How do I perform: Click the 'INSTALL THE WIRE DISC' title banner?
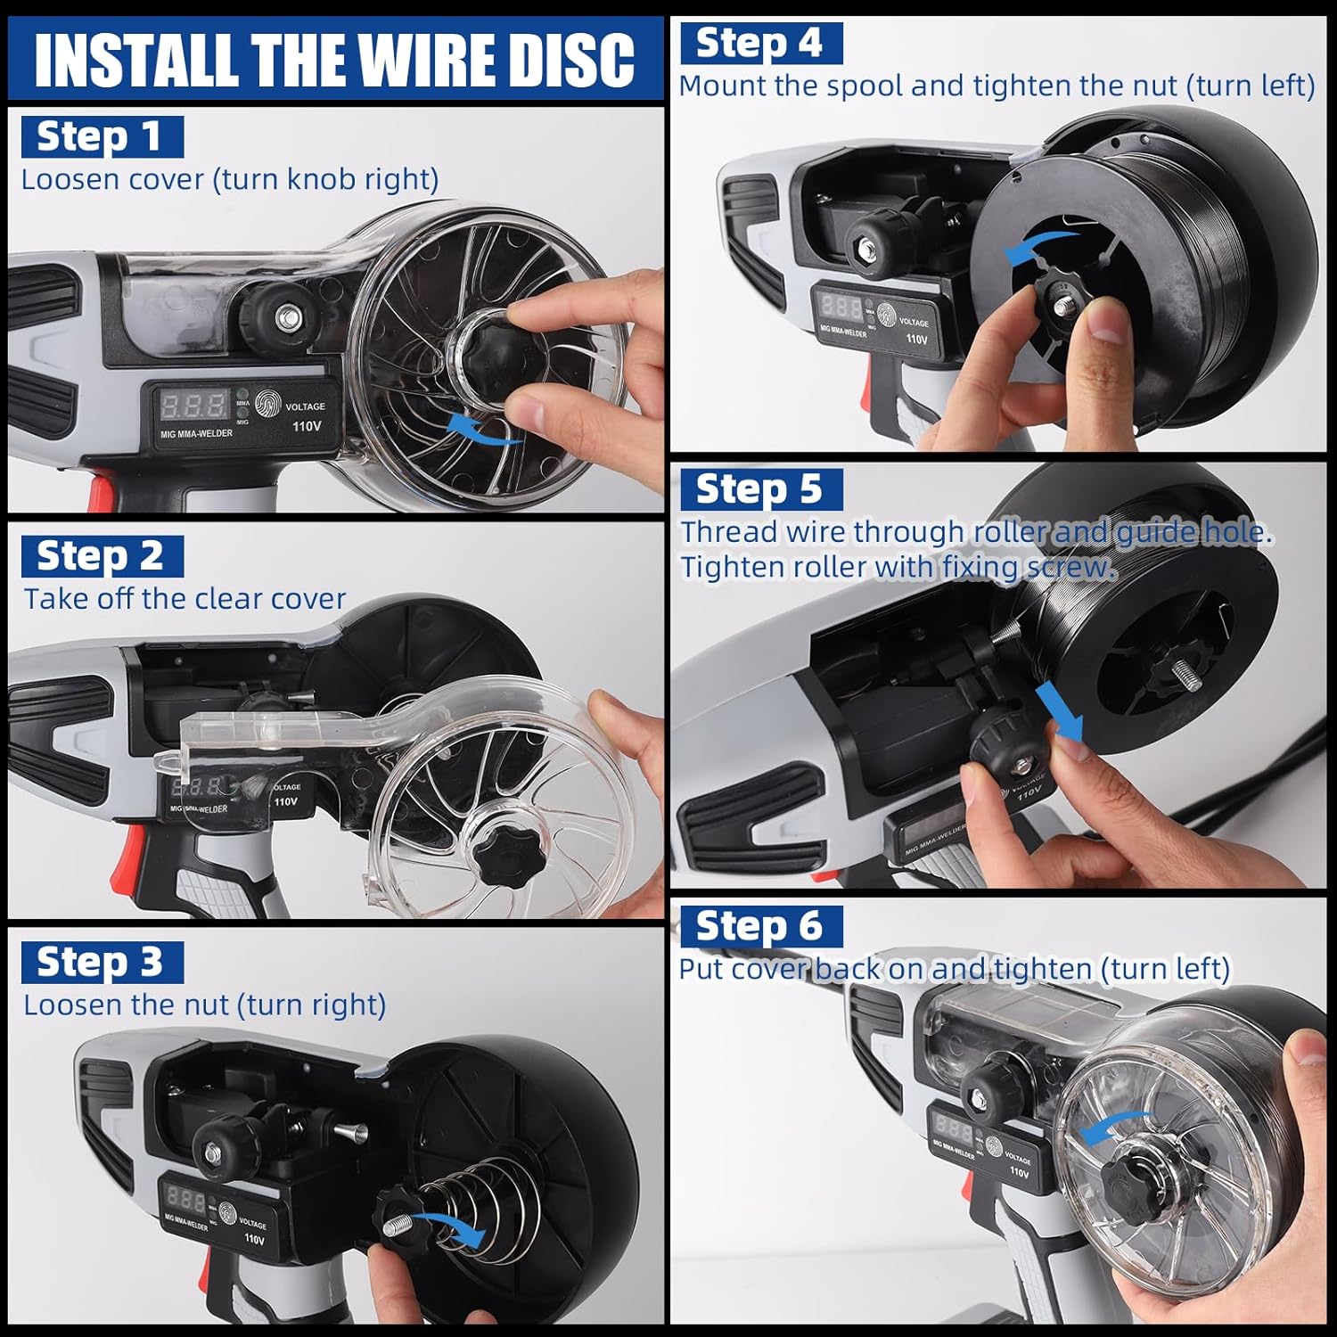(335, 59)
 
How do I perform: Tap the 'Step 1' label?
(101, 136)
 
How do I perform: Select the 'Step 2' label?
(101, 556)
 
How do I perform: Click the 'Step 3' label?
(101, 962)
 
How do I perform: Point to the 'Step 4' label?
(759, 43)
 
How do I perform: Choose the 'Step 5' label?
(759, 488)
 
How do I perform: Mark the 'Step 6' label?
(759, 926)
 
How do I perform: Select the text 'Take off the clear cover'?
(185, 599)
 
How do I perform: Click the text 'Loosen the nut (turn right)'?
(204, 1005)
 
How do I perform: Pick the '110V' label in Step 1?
(306, 426)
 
